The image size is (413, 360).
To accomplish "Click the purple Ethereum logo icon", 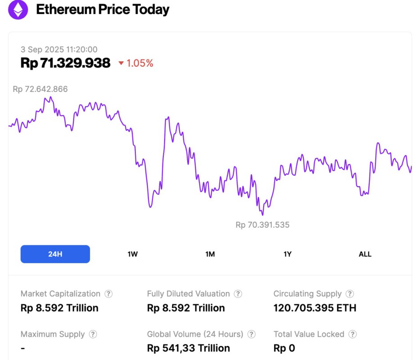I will coord(18,9).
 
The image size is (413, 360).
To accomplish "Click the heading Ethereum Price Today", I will coord(103,9).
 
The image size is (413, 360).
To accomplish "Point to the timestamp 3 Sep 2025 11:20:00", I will coord(59,49).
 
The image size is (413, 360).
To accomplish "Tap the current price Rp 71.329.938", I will coord(65,63).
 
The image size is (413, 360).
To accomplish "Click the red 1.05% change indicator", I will coord(136,63).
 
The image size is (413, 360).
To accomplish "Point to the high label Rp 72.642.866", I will coord(40,89).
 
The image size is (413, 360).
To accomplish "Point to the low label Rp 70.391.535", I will coord(262,225).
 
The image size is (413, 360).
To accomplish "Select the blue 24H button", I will coord(55,254).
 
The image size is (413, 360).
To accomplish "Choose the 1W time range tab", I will coord(132,254).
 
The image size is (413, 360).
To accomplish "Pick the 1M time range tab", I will coord(210,254).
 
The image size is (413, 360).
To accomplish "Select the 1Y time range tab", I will coord(287,254).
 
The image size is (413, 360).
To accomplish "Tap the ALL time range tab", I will coord(365,254).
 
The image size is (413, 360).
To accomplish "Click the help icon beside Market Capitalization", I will coord(108,294).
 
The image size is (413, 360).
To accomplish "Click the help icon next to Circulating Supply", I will coord(350,294).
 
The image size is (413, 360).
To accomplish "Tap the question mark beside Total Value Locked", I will coord(352,334).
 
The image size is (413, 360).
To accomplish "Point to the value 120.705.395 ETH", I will coord(314,308).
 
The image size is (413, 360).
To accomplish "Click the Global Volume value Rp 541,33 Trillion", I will coord(189,348).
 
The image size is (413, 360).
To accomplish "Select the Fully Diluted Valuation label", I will coord(188,294).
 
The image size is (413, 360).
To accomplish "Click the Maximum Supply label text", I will coord(53,334).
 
